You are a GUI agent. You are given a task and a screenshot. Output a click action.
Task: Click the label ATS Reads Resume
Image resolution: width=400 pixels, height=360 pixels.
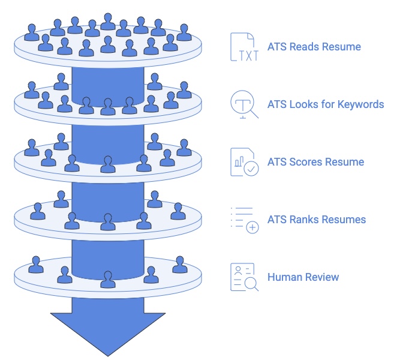(x=314, y=47)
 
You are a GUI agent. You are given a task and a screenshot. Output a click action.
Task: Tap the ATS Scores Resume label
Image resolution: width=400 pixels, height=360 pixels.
(x=315, y=162)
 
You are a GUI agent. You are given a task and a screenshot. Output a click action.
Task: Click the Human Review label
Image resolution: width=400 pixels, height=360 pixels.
(x=303, y=277)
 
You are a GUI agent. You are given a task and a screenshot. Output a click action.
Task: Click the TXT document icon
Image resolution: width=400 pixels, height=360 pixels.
(x=243, y=47)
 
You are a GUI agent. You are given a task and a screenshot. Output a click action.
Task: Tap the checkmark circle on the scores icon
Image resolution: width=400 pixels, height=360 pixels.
(x=252, y=169)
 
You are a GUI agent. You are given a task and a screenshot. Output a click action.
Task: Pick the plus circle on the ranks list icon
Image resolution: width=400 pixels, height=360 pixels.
(x=252, y=227)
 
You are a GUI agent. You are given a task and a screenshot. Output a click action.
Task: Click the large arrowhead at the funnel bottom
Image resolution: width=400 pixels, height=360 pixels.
(x=108, y=333)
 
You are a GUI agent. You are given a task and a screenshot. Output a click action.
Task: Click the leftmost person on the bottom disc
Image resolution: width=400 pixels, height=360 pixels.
(x=36, y=265)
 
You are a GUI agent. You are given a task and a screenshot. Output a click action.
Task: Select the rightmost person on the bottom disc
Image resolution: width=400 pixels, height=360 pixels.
(x=179, y=265)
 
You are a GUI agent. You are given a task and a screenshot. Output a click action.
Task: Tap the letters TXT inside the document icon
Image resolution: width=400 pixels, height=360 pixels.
(x=243, y=55)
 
